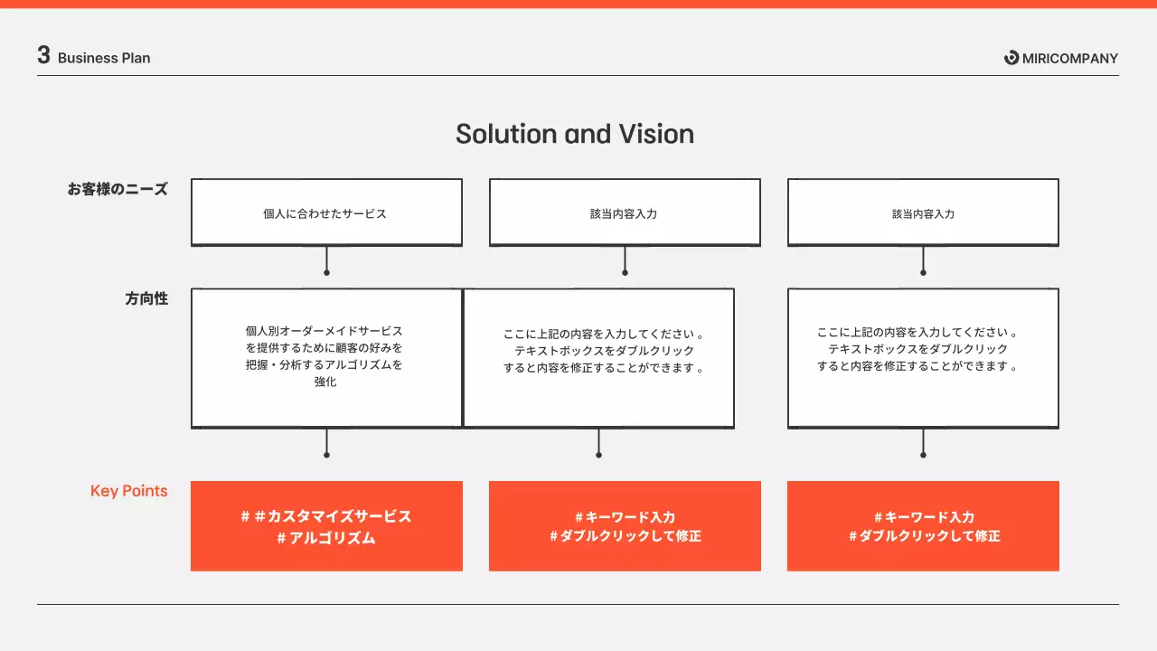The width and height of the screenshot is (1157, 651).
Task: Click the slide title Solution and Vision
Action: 575,134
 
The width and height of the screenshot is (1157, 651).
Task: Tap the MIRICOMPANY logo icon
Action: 1011,58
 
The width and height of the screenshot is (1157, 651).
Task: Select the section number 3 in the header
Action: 43,55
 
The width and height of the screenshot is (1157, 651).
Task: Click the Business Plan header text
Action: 104,58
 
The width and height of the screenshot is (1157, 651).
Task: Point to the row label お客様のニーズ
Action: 118,190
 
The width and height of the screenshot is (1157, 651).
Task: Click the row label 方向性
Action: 146,298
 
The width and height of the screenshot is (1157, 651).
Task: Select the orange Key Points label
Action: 128,491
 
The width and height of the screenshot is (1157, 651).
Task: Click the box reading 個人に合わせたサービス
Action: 326,212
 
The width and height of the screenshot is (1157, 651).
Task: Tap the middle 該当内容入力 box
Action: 625,212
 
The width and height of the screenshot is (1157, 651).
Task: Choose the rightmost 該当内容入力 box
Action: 923,212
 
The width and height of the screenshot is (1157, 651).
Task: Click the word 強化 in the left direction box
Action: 325,382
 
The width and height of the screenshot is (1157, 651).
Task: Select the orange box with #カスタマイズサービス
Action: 326,516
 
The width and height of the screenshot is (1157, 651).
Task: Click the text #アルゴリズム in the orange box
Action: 326,538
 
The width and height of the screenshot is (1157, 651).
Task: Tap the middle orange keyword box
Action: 625,526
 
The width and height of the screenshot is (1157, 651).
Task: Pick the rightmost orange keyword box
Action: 923,526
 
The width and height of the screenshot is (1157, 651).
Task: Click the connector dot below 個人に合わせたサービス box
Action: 326,272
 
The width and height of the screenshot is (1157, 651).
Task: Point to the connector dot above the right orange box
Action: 923,455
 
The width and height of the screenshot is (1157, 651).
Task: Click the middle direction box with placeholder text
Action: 598,358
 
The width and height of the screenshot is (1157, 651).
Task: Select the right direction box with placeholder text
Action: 923,358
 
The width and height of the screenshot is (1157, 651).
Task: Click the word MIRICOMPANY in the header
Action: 1070,58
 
